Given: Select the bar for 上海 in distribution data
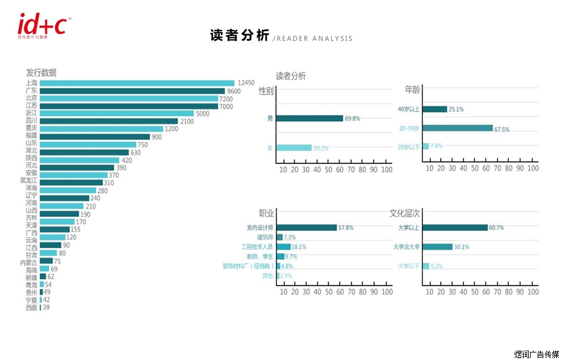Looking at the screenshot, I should [137, 83].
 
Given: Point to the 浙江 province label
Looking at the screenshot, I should [31, 113].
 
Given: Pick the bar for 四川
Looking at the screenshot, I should [109, 121].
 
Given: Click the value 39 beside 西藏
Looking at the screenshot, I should [46, 307].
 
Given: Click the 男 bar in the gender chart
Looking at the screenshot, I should [309, 118].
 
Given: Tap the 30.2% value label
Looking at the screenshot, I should [321, 148].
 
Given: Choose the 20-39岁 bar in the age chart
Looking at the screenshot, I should [457, 128].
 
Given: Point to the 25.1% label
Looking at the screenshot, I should [456, 109].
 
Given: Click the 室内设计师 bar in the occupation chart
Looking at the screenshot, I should [306, 227].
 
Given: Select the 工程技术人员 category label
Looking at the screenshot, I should [257, 247].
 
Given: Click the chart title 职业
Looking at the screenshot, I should [266, 212].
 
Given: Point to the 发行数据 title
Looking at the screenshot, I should [41, 72].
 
